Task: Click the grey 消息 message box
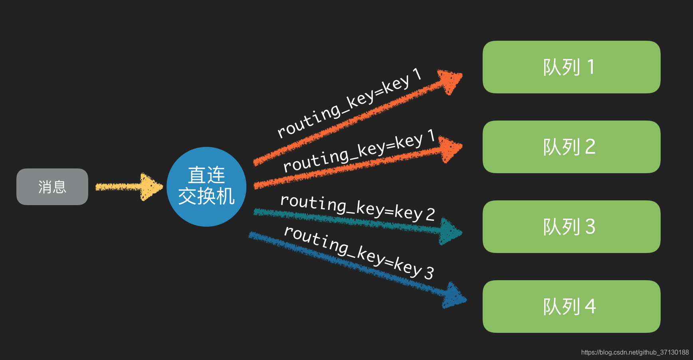click(52, 187)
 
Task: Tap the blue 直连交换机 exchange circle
click(206, 186)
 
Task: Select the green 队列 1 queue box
click(571, 67)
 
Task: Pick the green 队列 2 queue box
click(571, 147)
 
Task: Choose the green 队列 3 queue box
click(571, 227)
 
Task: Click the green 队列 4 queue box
click(571, 307)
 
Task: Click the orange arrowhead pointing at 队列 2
click(450, 149)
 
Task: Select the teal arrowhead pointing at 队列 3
click(449, 231)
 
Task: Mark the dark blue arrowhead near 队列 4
click(454, 296)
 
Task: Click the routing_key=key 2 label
click(357, 208)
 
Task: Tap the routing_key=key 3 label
click(358, 252)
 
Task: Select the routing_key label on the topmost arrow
click(349, 105)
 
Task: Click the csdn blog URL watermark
click(635, 352)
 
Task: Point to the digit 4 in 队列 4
click(590, 307)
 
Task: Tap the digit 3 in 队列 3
click(590, 227)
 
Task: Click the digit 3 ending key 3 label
click(429, 273)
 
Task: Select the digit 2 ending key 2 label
click(430, 215)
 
